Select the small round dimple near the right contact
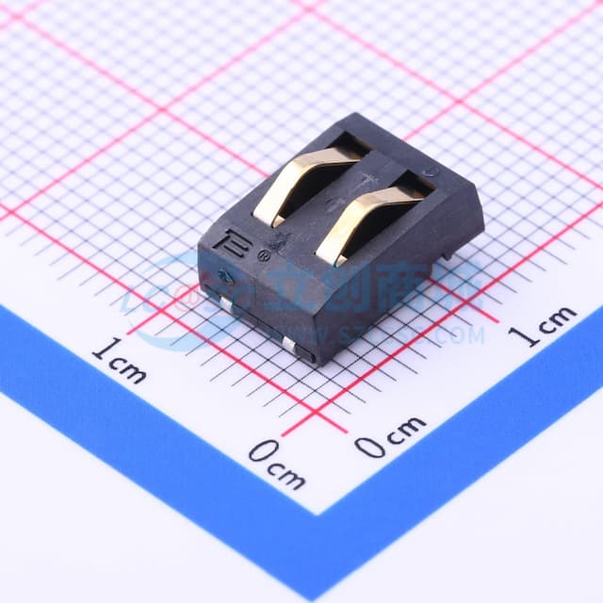pos(429,172)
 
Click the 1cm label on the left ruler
pos(119,360)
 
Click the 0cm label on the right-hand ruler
pos(389,435)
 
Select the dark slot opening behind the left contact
pos(350,144)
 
